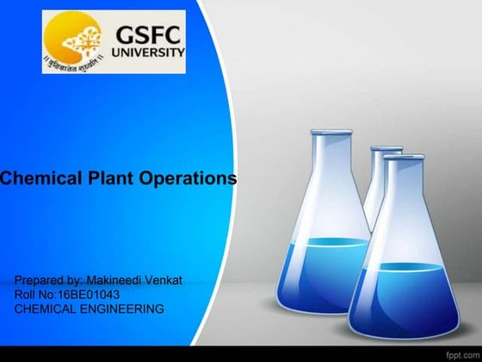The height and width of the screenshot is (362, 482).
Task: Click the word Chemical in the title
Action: [x=34, y=179]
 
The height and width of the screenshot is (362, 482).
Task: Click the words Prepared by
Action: [x=48, y=281]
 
